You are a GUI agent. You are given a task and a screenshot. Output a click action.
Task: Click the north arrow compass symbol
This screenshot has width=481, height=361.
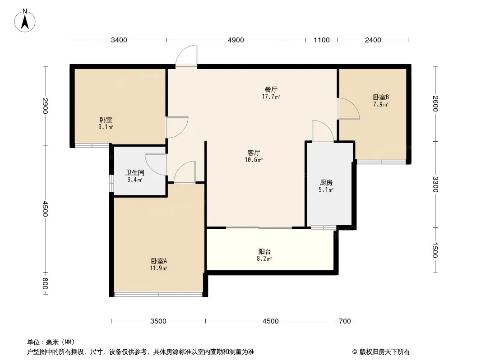coord(25,21)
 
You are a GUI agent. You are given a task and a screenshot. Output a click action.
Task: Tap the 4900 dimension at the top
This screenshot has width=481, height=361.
coord(236,40)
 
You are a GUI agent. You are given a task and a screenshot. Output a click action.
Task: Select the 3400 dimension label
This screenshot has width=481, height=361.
coord(119,40)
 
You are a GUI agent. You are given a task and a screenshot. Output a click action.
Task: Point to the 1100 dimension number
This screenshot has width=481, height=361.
coord(322,40)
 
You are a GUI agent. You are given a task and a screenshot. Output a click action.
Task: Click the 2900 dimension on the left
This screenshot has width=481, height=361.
coord(45,106)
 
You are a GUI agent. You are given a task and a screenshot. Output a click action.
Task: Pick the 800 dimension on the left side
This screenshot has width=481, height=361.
coord(45,284)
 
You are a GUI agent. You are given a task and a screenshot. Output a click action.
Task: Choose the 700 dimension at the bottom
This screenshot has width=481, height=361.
coord(345,321)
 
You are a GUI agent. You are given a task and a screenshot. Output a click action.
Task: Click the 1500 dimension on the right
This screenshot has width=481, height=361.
coord(435,250)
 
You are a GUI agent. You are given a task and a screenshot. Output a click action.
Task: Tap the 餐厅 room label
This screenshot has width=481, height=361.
coord(271,89)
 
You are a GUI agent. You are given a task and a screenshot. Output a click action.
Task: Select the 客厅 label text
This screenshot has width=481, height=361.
coord(254,153)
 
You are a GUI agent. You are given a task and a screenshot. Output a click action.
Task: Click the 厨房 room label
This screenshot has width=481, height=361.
coord(326,183)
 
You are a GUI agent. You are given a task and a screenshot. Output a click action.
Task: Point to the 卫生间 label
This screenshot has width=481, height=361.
coord(134,173)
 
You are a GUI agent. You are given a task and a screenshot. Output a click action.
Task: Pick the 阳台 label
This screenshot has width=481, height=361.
coord(264,252)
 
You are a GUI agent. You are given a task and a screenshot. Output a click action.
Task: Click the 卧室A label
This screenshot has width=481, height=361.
coord(158,261)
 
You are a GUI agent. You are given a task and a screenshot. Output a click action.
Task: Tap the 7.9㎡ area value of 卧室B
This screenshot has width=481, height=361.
coord(381,104)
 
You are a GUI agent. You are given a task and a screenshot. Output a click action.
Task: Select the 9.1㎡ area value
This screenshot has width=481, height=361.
coord(106,127)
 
